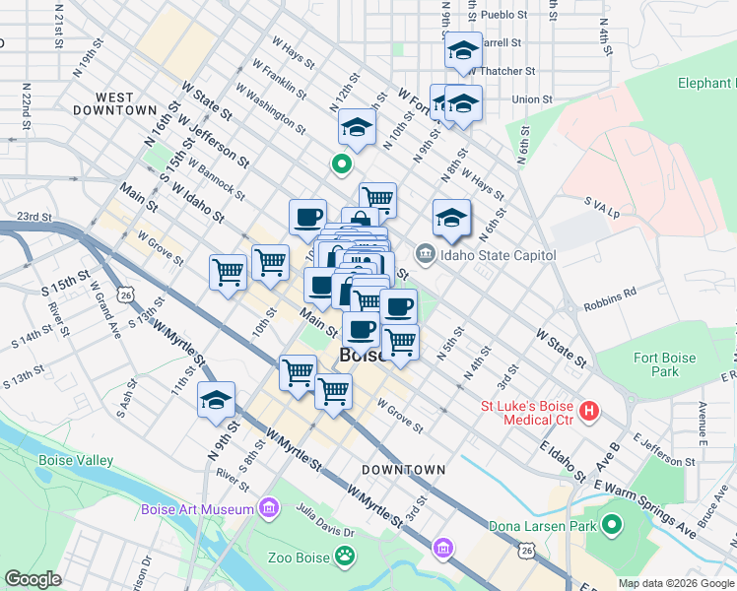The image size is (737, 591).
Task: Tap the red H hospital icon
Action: [x=589, y=410]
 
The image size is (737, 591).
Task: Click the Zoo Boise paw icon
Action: [x=344, y=558]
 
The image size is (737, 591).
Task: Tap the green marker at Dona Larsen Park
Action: [x=611, y=526]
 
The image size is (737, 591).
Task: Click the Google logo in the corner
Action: [x=33, y=578]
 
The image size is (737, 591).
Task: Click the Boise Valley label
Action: [x=76, y=460]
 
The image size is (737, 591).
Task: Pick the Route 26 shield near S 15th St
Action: [x=124, y=293]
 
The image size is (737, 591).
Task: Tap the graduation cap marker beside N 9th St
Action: [x=217, y=401]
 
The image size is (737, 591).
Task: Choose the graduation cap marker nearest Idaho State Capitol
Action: [x=451, y=219]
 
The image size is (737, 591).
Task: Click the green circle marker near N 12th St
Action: [x=342, y=164]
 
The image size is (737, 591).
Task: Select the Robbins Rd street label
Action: [x=609, y=293]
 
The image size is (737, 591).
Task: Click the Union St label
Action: [x=532, y=98]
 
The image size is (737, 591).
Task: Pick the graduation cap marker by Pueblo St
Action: [x=462, y=51]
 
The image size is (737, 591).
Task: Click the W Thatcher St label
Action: [x=503, y=71]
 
